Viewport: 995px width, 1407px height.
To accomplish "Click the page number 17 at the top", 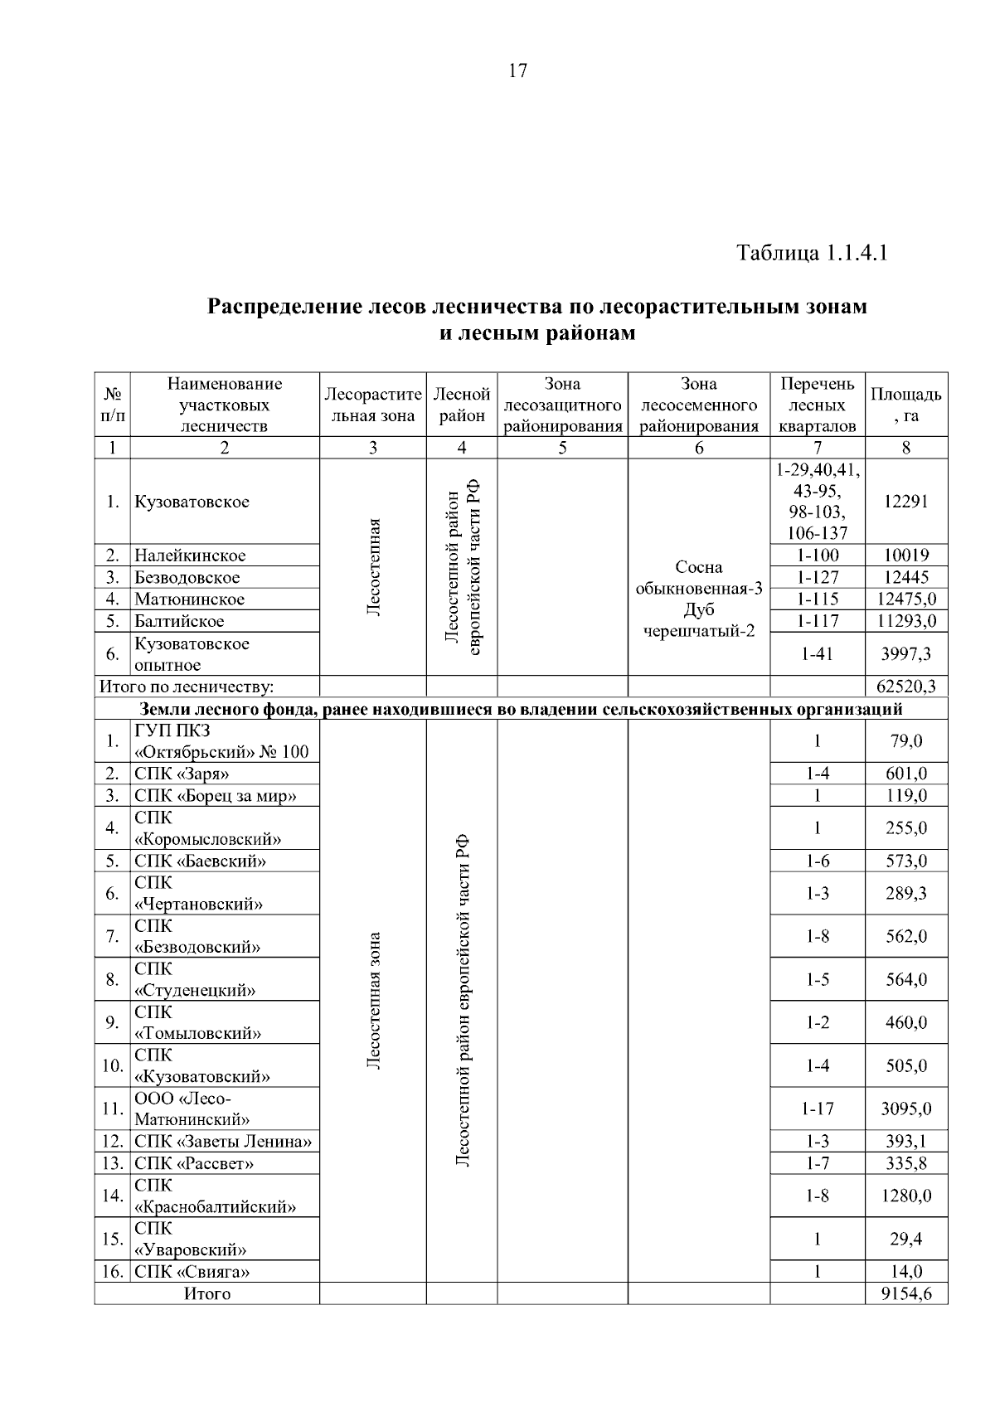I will (517, 71).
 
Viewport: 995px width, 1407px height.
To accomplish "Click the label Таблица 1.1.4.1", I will (812, 253).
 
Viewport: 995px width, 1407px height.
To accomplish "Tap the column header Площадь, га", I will (905, 405).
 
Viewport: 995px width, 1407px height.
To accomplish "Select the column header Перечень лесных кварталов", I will (817, 405).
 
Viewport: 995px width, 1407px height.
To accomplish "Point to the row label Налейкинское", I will (190, 556).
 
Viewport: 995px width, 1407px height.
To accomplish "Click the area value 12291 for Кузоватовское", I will (905, 502).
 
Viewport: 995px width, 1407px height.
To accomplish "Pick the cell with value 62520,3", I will (905, 687).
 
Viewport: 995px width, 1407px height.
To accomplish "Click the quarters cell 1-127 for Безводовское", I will (817, 577).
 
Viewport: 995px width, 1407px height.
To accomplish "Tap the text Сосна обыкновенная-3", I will (698, 578).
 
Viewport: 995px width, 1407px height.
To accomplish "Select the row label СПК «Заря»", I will (182, 774).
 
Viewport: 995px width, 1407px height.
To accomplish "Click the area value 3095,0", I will (905, 1109).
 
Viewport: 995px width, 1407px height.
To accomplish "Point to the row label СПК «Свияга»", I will (192, 1272).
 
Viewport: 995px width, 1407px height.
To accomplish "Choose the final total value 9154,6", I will (905, 1294).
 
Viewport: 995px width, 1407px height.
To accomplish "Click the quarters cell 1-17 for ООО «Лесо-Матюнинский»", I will (817, 1109).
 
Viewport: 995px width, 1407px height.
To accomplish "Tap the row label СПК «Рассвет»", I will (193, 1163).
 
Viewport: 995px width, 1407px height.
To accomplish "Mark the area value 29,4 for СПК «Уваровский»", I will (905, 1240).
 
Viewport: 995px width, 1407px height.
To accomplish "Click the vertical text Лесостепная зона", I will (373, 1001).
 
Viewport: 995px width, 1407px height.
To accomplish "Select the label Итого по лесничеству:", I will (187, 687).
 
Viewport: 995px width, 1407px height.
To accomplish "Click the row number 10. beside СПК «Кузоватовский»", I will (112, 1066).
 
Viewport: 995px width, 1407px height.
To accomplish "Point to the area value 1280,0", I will (905, 1196).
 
